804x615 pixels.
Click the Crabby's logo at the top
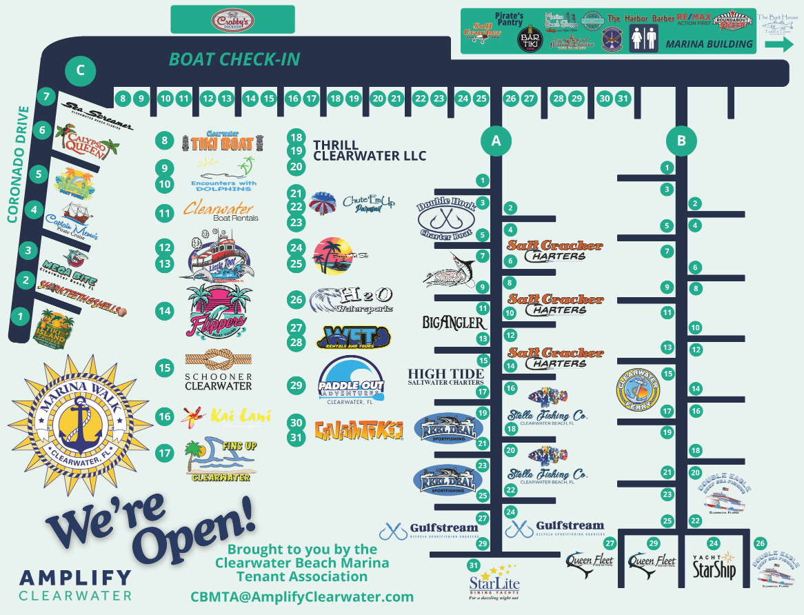point(232,20)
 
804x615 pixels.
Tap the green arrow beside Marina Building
point(780,45)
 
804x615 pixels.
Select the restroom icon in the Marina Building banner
point(643,39)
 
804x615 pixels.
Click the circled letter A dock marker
point(495,141)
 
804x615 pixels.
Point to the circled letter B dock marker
point(681,141)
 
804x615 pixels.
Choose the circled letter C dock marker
point(80,70)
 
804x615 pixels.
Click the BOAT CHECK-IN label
point(234,59)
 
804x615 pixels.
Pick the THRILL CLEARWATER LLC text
point(369,150)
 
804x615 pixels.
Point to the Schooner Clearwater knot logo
point(219,370)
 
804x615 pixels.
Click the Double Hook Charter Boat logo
point(445,218)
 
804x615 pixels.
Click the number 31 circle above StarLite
point(473,565)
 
